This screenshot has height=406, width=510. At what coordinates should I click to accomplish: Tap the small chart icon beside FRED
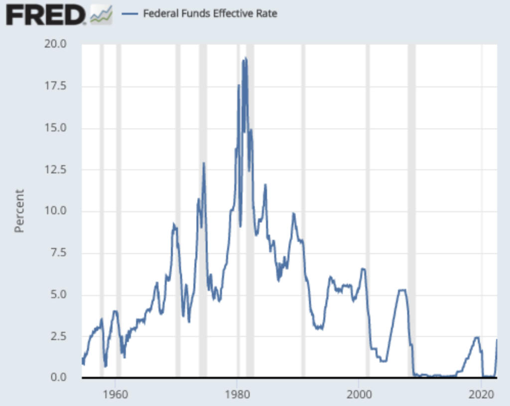(x=101, y=15)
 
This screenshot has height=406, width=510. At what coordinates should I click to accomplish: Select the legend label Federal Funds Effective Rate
(x=210, y=13)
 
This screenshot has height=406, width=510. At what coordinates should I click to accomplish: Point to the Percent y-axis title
(x=19, y=211)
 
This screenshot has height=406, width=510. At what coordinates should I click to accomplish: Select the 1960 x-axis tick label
(x=115, y=391)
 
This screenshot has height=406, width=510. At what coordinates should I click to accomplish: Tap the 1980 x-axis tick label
(x=237, y=391)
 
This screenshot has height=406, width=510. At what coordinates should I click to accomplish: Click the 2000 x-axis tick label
(x=359, y=391)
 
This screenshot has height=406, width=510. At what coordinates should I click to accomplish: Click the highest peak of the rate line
(x=245, y=58)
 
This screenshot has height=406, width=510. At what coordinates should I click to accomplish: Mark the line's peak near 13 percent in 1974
(x=204, y=163)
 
